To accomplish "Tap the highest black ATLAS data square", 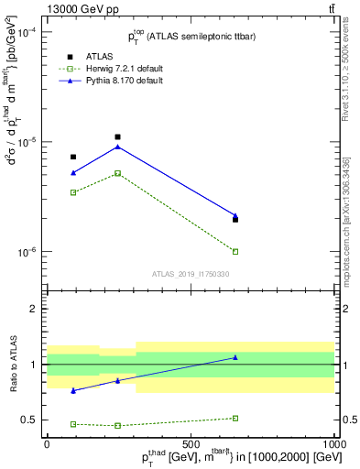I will (x=117, y=136).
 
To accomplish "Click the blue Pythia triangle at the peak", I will (x=117, y=147).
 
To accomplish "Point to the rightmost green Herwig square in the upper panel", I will (x=235, y=251).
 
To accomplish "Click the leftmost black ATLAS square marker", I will (x=73, y=157).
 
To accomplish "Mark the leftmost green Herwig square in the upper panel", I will (x=73, y=192).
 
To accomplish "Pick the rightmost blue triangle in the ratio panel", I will (x=235, y=357).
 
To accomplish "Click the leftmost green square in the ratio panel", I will (x=73, y=424).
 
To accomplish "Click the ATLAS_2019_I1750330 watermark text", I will (x=191, y=274).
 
